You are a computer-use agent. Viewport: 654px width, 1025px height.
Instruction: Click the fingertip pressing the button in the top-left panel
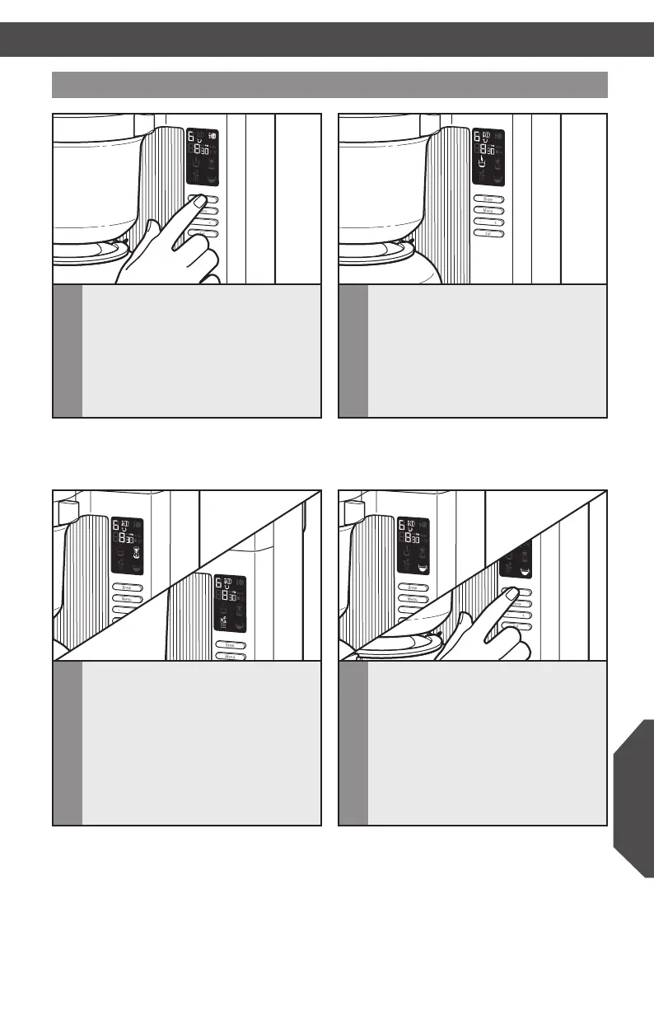[197, 200]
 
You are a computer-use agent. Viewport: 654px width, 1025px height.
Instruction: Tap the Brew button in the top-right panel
[488, 199]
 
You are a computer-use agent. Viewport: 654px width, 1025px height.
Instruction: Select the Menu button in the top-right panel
[488, 210]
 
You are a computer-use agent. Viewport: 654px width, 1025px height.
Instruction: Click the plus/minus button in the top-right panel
[488, 222]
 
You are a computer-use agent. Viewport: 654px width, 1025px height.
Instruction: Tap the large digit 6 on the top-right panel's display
[476, 135]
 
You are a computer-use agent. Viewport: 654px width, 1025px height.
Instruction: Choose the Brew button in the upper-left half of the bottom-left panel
[127, 587]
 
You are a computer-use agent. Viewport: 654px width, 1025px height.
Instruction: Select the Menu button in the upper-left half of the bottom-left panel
[127, 599]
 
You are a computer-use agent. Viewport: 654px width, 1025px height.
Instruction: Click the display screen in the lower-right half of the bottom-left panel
[230, 603]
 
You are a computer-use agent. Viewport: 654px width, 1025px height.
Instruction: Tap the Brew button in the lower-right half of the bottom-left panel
[230, 645]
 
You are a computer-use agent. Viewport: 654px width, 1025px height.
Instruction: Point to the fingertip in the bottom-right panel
[512, 592]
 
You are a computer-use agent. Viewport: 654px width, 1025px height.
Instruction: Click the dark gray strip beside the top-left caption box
[68, 352]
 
